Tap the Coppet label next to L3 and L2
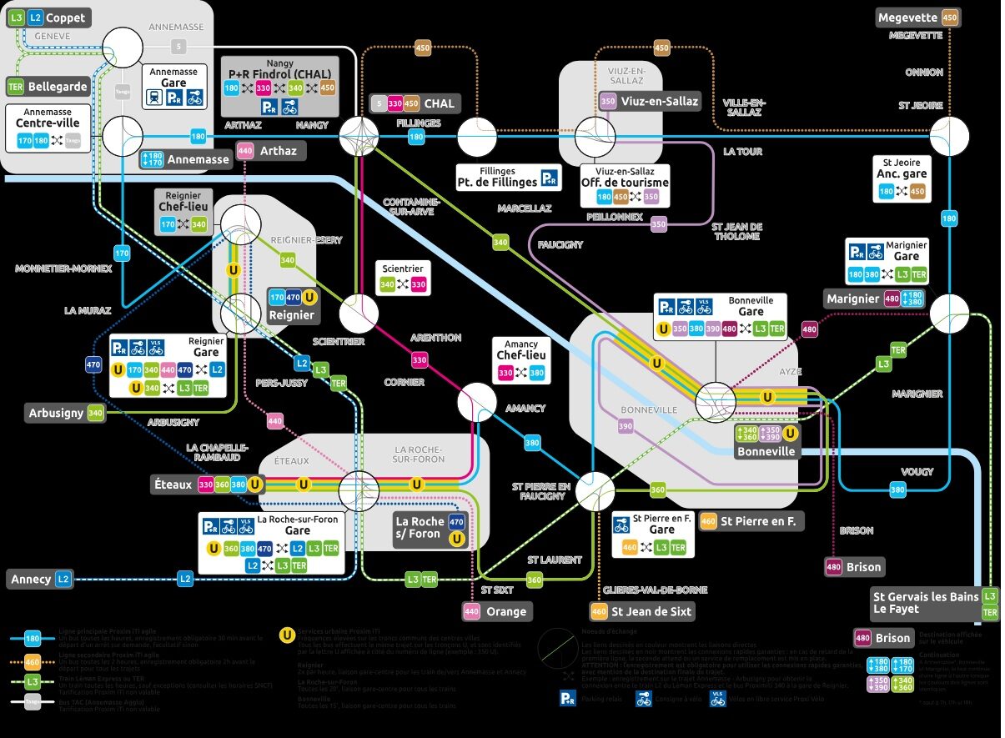48,18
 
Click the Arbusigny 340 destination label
65,413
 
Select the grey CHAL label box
415,103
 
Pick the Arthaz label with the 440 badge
269,151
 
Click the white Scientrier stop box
403,278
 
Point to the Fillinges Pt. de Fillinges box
507,177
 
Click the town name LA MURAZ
88,310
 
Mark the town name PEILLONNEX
615,217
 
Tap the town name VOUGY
917,471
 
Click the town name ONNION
924,73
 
